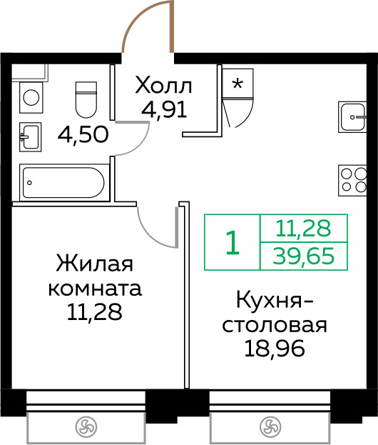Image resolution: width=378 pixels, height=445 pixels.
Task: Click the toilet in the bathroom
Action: point(86,99)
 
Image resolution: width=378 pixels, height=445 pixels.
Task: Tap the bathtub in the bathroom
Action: point(64,183)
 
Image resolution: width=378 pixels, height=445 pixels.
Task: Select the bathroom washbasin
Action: point(31,137)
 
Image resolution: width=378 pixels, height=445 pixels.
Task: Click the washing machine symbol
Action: point(31,98)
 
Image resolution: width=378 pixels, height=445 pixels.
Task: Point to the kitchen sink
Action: point(352,117)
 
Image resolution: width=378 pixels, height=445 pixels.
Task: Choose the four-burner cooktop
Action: point(352,181)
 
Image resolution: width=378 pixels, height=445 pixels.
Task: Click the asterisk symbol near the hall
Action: point(237,84)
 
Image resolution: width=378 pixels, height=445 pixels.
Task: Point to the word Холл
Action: point(163,85)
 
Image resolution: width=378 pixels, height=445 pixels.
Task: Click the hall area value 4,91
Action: point(164,110)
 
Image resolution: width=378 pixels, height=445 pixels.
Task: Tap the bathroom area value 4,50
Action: point(83,134)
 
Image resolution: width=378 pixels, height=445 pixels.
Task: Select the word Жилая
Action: point(95,264)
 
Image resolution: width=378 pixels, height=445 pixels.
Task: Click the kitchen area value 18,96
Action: point(275,349)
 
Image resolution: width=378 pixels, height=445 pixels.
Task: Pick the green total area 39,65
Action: point(304,256)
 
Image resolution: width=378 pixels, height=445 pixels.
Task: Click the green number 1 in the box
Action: point(233,242)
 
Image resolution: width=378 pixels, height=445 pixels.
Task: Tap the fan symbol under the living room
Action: point(86,427)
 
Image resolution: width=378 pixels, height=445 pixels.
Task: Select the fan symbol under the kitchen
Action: point(270,427)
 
